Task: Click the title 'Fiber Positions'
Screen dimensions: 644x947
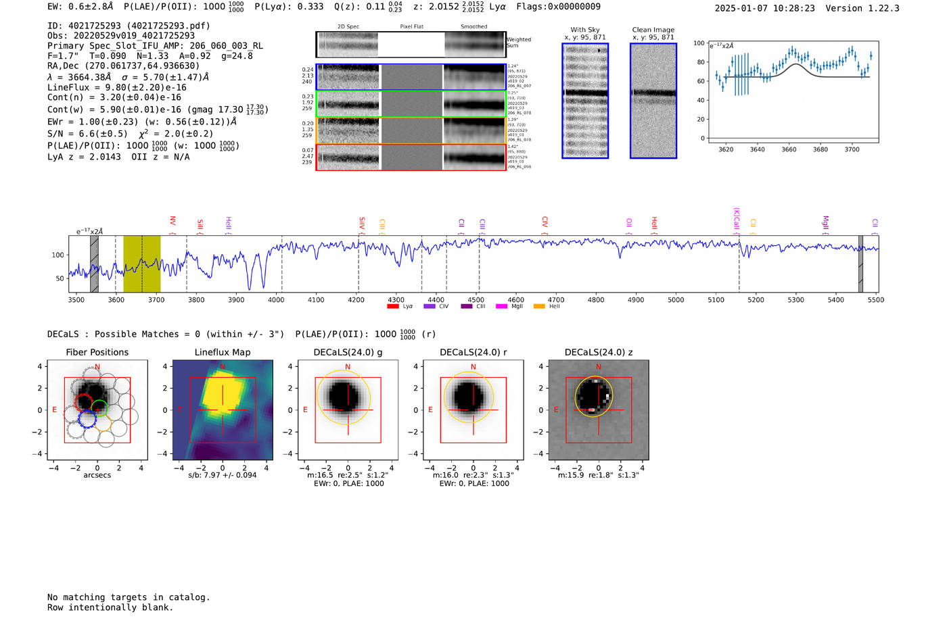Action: (x=97, y=352)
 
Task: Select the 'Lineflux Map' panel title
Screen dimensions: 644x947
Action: (x=222, y=352)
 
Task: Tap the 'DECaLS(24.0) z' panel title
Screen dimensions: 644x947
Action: (x=598, y=352)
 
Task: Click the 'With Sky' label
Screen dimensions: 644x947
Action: (x=584, y=30)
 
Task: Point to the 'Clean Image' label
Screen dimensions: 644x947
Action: (x=653, y=30)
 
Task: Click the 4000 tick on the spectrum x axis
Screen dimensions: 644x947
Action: (x=276, y=300)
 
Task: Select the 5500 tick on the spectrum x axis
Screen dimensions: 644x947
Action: (x=876, y=300)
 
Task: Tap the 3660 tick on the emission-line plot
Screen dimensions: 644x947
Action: (x=789, y=149)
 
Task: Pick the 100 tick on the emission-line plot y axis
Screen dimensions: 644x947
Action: (x=699, y=43)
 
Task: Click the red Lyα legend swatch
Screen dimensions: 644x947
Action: (x=392, y=307)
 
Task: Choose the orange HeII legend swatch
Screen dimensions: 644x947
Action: (x=539, y=307)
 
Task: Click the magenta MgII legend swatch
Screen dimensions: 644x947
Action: (x=501, y=307)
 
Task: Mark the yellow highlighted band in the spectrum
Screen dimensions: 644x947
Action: (x=142, y=264)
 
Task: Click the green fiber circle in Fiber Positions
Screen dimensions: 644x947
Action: (x=99, y=407)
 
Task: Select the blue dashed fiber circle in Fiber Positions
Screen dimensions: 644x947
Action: (x=87, y=418)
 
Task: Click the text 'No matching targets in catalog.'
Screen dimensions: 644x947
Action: (x=129, y=597)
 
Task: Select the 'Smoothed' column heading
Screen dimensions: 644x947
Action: (x=473, y=26)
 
